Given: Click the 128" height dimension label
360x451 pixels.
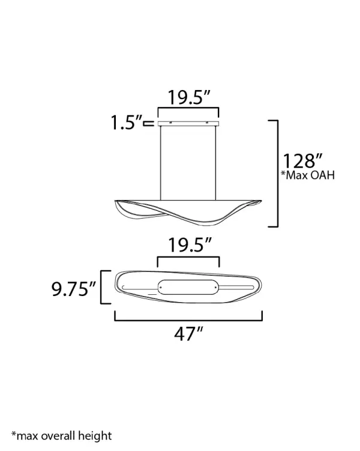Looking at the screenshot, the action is pyautogui.click(x=302, y=161).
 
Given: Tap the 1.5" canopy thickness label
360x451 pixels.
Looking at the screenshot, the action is pyautogui.click(x=127, y=123).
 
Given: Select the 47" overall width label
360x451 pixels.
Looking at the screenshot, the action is pyautogui.click(x=188, y=334).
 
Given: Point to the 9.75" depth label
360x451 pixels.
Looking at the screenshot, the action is pyautogui.click(x=74, y=289).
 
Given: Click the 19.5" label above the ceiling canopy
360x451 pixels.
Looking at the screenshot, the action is pyautogui.click(x=189, y=97).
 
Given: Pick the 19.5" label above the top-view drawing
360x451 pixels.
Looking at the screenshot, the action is pyautogui.click(x=190, y=245).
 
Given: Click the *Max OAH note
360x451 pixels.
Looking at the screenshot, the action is pyautogui.click(x=308, y=175).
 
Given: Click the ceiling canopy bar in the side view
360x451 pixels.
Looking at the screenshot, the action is pyautogui.click(x=188, y=123).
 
